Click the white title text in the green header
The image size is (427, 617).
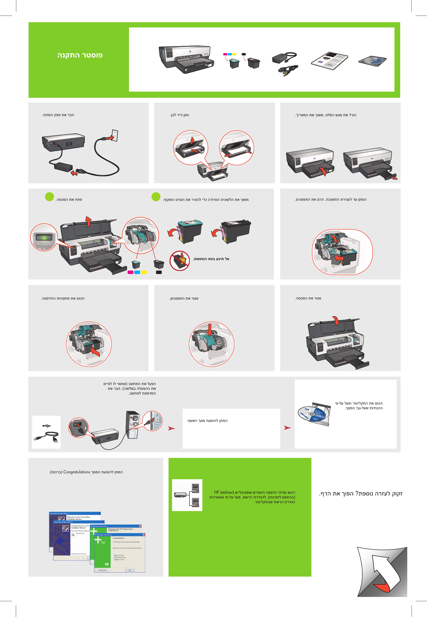point(80,55)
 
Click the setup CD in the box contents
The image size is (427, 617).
point(373,61)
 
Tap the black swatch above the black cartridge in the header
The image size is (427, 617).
point(243,54)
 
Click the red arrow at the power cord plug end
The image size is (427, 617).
point(74,173)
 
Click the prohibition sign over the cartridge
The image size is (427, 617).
point(180,261)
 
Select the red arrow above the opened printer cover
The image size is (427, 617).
point(88,221)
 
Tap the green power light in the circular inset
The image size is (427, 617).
point(44,237)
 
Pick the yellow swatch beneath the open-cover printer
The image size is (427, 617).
point(144,272)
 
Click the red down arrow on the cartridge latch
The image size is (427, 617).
point(210,330)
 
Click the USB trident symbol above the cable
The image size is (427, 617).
point(47,426)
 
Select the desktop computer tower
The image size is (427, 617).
point(133,425)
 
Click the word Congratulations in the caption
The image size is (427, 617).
point(76,472)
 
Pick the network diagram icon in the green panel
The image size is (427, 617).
point(187,495)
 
